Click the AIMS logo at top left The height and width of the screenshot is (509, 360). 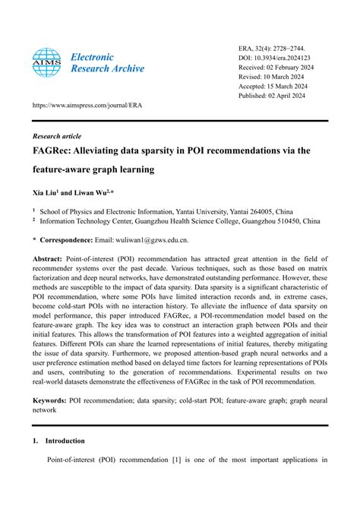[47, 63]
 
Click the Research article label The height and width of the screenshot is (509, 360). [57, 136]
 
